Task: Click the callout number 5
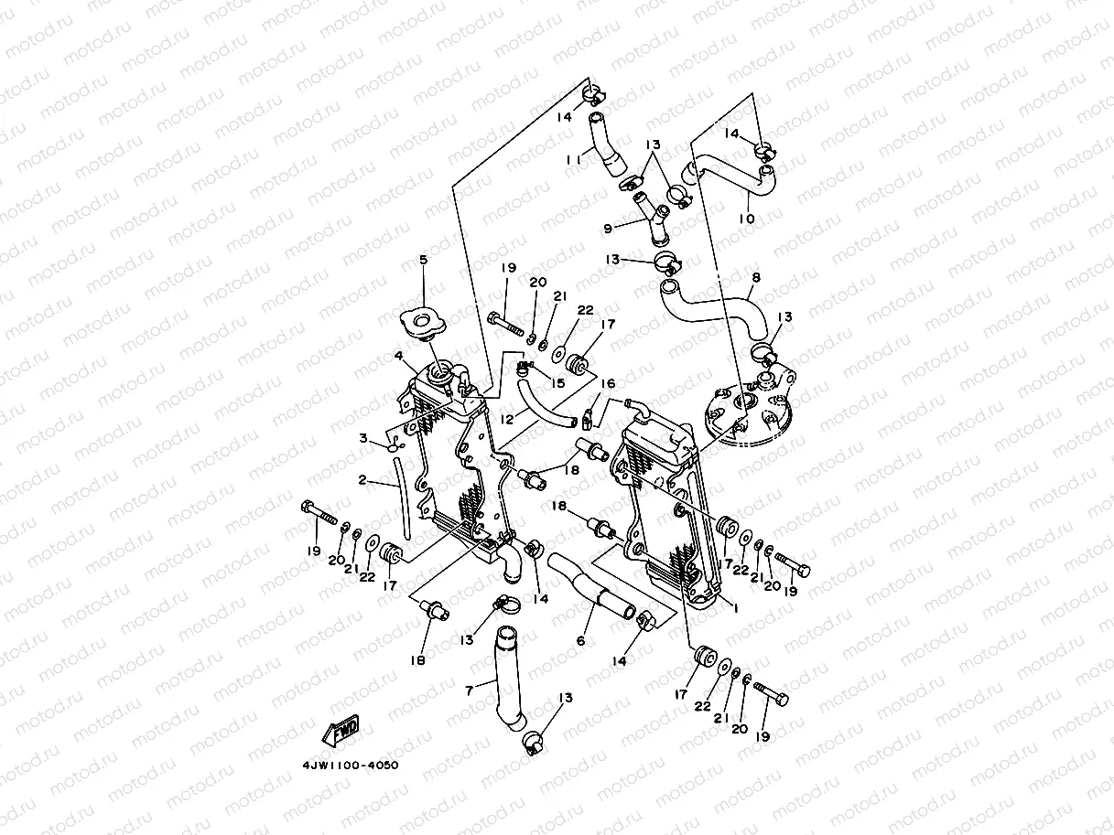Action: click(423, 261)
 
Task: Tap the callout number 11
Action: click(574, 159)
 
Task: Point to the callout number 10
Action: click(747, 219)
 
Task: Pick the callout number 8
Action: click(755, 278)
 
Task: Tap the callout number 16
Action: click(608, 384)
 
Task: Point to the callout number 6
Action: click(580, 641)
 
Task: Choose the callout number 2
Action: click(362, 479)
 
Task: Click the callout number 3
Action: click(364, 440)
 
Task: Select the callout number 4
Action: click(399, 356)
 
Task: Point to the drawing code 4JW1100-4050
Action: click(351, 765)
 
